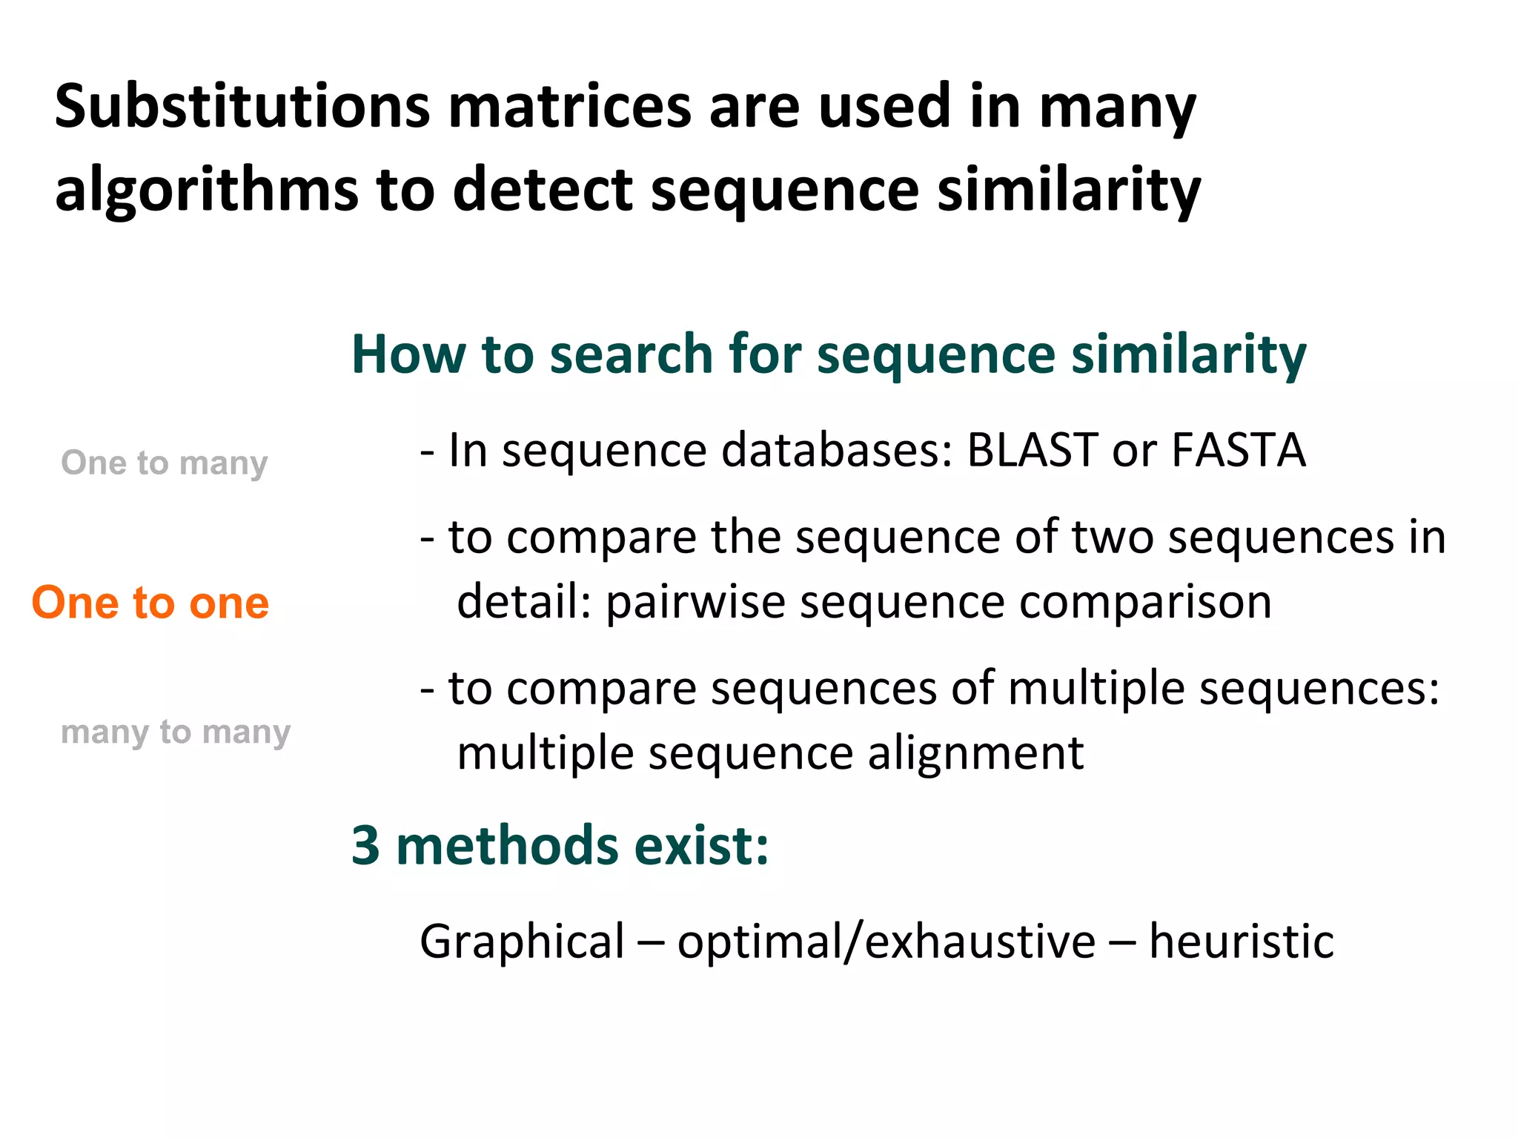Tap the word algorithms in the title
[207, 191]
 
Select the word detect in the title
[543, 191]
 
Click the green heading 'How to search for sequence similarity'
[828, 354]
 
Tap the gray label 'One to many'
[164, 463]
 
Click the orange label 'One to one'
[150, 602]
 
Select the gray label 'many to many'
[176, 732]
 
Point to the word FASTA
[1239, 450]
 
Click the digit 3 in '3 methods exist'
[365, 845]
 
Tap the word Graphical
[523, 942]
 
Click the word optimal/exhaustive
[886, 942]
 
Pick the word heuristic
[1242, 942]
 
